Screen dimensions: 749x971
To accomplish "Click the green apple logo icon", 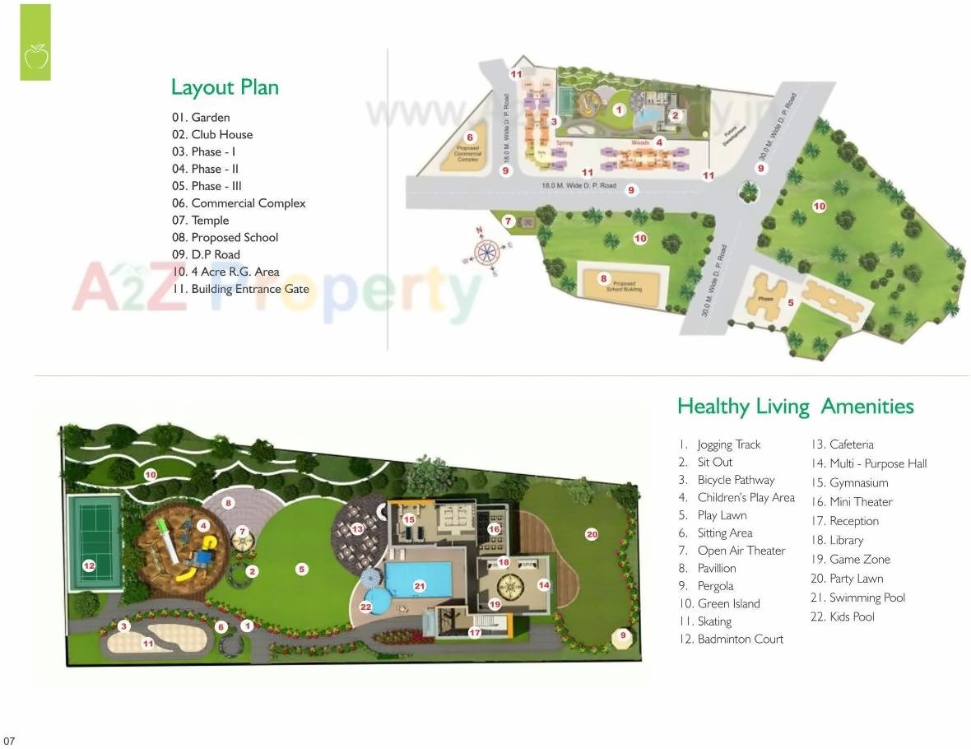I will click(x=35, y=57).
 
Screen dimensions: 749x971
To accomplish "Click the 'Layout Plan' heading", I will click(x=225, y=87).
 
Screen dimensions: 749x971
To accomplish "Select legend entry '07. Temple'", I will click(x=201, y=221).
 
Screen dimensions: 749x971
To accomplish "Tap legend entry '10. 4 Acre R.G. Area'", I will click(x=225, y=272).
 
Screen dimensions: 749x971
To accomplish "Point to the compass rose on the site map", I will click(x=487, y=249).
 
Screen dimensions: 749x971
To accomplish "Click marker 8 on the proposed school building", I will click(x=603, y=278).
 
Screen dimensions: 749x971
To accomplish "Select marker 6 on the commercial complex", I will click(x=470, y=137).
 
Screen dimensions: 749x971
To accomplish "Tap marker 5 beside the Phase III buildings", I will click(x=791, y=303).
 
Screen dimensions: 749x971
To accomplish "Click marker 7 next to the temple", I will click(x=509, y=221).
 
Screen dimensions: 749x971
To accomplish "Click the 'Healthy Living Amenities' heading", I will click(x=795, y=407).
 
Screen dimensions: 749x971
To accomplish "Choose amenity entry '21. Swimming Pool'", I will click(x=857, y=598).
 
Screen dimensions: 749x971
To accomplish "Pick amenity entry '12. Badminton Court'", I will click(x=731, y=639).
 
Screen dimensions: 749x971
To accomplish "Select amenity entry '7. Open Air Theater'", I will click(x=732, y=551).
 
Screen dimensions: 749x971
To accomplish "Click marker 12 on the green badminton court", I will click(x=89, y=565).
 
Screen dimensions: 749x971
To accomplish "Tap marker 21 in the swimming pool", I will click(x=420, y=586).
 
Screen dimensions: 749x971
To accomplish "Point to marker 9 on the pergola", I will click(x=623, y=635).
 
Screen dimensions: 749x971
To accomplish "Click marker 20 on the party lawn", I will click(x=592, y=534).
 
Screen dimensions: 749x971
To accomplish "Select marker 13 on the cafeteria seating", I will click(x=357, y=529).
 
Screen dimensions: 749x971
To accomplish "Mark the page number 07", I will click(x=9, y=741).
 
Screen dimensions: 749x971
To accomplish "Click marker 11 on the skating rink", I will click(x=148, y=644).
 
